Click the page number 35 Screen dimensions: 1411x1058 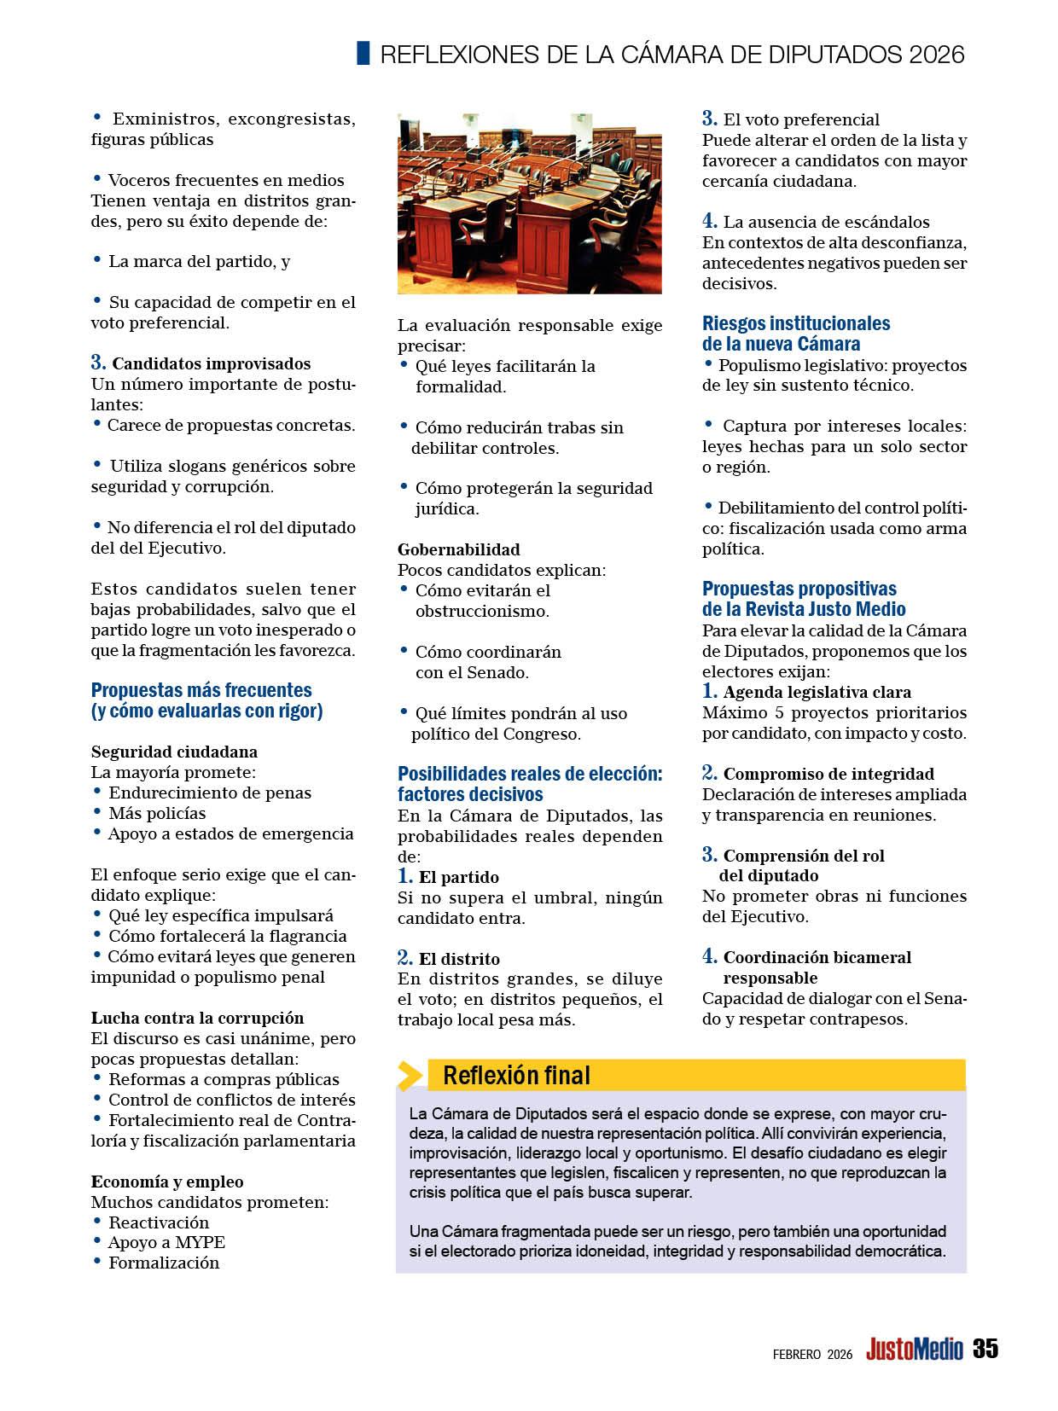point(985,1349)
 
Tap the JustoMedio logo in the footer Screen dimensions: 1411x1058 point(914,1350)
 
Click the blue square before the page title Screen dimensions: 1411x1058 point(363,53)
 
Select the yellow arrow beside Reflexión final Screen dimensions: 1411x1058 point(410,1076)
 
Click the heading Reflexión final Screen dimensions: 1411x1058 point(516,1076)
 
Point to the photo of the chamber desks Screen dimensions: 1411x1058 point(529,203)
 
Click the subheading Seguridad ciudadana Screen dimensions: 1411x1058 point(174,752)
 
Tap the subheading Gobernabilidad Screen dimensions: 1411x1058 point(458,549)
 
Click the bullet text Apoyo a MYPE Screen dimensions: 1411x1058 point(166,1242)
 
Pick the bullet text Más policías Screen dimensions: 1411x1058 point(157,813)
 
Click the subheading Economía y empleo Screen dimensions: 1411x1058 point(167,1182)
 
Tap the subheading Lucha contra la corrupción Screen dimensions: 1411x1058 point(197,1018)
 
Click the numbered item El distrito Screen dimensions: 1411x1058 point(459,959)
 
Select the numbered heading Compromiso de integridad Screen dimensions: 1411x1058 point(828,774)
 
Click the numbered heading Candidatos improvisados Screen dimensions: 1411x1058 point(211,364)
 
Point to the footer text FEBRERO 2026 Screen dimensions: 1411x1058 point(812,1354)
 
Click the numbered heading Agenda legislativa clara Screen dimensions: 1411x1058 point(817,692)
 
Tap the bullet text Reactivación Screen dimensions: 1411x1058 point(158,1222)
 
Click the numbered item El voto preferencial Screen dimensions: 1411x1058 point(801,119)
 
